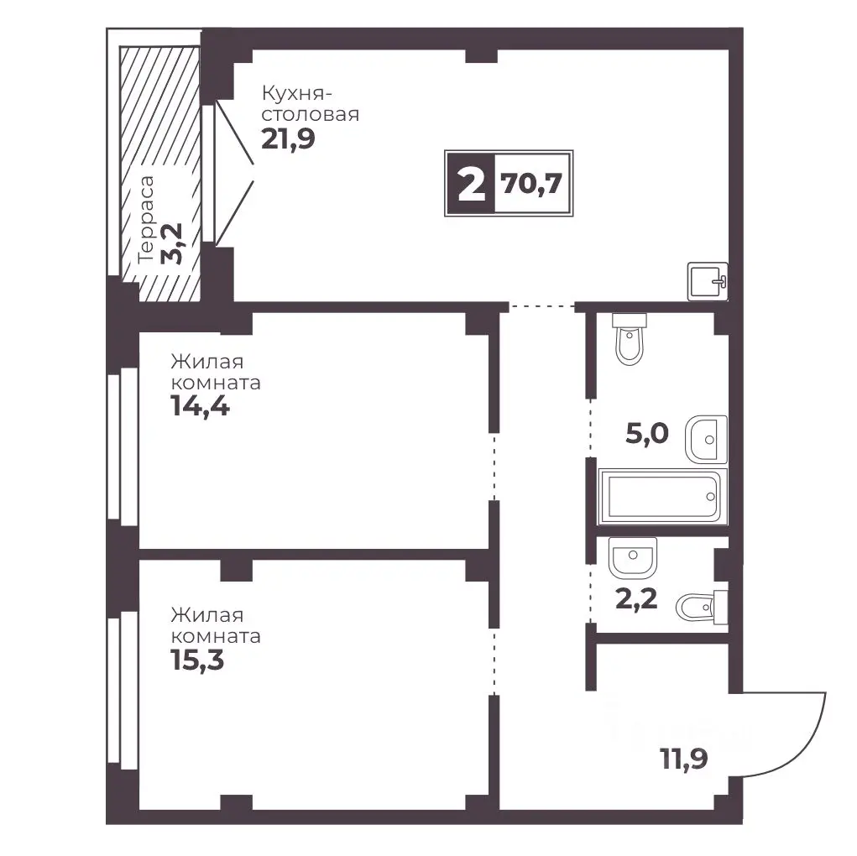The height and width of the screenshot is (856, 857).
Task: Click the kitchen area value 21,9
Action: pyautogui.click(x=288, y=138)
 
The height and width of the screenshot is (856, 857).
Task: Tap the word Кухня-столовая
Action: pyautogui.click(x=311, y=104)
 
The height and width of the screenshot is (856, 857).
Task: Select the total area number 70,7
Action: pyautogui.click(x=532, y=184)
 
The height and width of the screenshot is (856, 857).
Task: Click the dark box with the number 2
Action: pyautogui.click(x=471, y=184)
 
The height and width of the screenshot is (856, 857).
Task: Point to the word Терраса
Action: pyautogui.click(x=146, y=220)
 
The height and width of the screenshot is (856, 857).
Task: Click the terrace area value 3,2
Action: pyautogui.click(x=172, y=243)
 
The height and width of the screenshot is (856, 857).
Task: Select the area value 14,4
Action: pyautogui.click(x=200, y=406)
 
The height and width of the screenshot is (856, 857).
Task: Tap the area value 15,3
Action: pyautogui.click(x=197, y=660)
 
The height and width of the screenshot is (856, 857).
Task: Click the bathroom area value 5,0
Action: pyautogui.click(x=647, y=434)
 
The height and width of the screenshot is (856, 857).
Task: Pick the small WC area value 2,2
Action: pyautogui.click(x=636, y=599)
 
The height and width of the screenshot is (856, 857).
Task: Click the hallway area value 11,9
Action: pyautogui.click(x=684, y=758)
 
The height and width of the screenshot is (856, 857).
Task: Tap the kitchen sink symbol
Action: pyautogui.click(x=708, y=281)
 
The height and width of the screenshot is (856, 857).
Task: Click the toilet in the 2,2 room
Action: pyautogui.click(x=702, y=607)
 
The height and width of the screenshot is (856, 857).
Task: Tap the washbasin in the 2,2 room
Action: pyautogui.click(x=632, y=557)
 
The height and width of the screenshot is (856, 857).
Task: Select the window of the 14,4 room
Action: pyautogui.click(x=122, y=446)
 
